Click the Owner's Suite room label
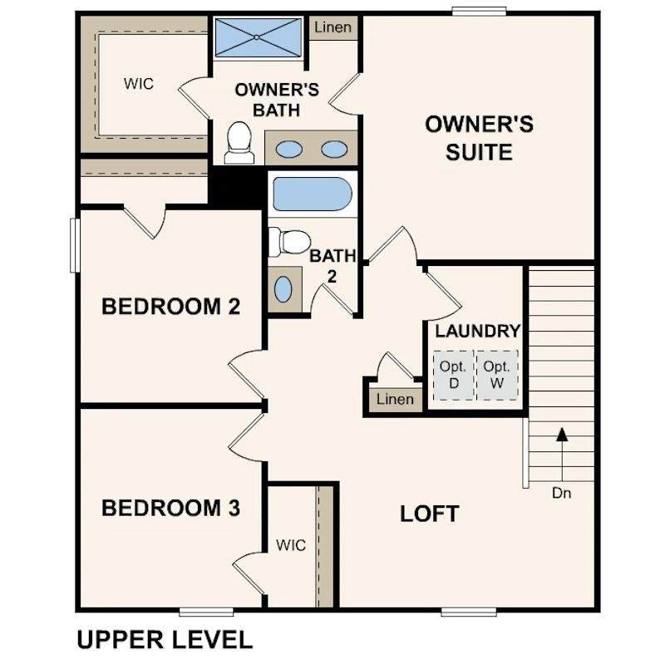(x=479, y=138)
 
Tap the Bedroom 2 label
(x=171, y=307)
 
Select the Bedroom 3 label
(x=171, y=508)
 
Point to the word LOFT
(x=430, y=514)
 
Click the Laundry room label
(x=478, y=331)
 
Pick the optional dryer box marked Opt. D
(x=453, y=375)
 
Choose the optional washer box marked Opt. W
(x=497, y=375)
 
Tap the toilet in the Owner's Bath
(x=239, y=143)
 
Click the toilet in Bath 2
(x=289, y=242)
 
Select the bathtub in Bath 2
(x=313, y=194)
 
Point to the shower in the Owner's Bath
(x=258, y=37)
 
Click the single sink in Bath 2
(x=283, y=289)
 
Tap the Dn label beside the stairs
(x=561, y=493)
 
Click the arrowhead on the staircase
(x=562, y=435)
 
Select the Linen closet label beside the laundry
(x=395, y=399)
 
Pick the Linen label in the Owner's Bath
(x=333, y=27)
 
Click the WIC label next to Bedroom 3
(x=291, y=545)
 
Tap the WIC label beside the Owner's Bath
(x=139, y=84)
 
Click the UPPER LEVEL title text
(x=165, y=641)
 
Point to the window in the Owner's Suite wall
(x=479, y=12)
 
